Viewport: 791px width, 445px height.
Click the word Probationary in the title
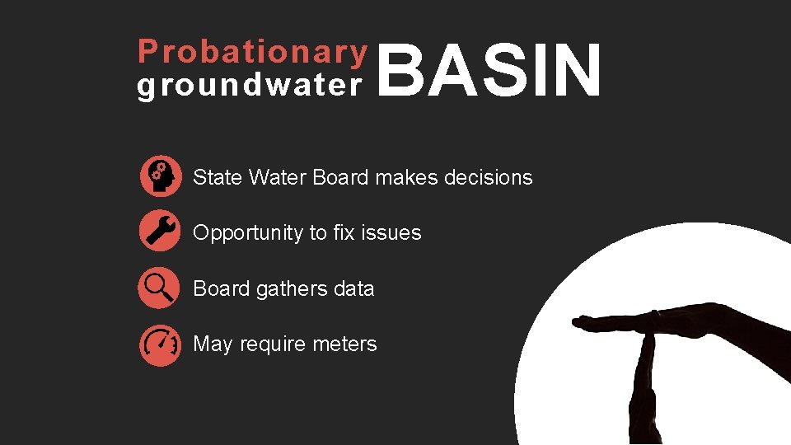(252, 53)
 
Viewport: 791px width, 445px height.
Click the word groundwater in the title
(250, 86)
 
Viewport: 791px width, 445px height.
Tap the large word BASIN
(491, 73)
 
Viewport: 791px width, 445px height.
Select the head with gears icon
(161, 176)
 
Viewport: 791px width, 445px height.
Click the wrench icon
(161, 230)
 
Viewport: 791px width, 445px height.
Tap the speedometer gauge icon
(161, 344)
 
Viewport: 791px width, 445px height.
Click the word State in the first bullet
(218, 177)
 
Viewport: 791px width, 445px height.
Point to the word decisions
(489, 177)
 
